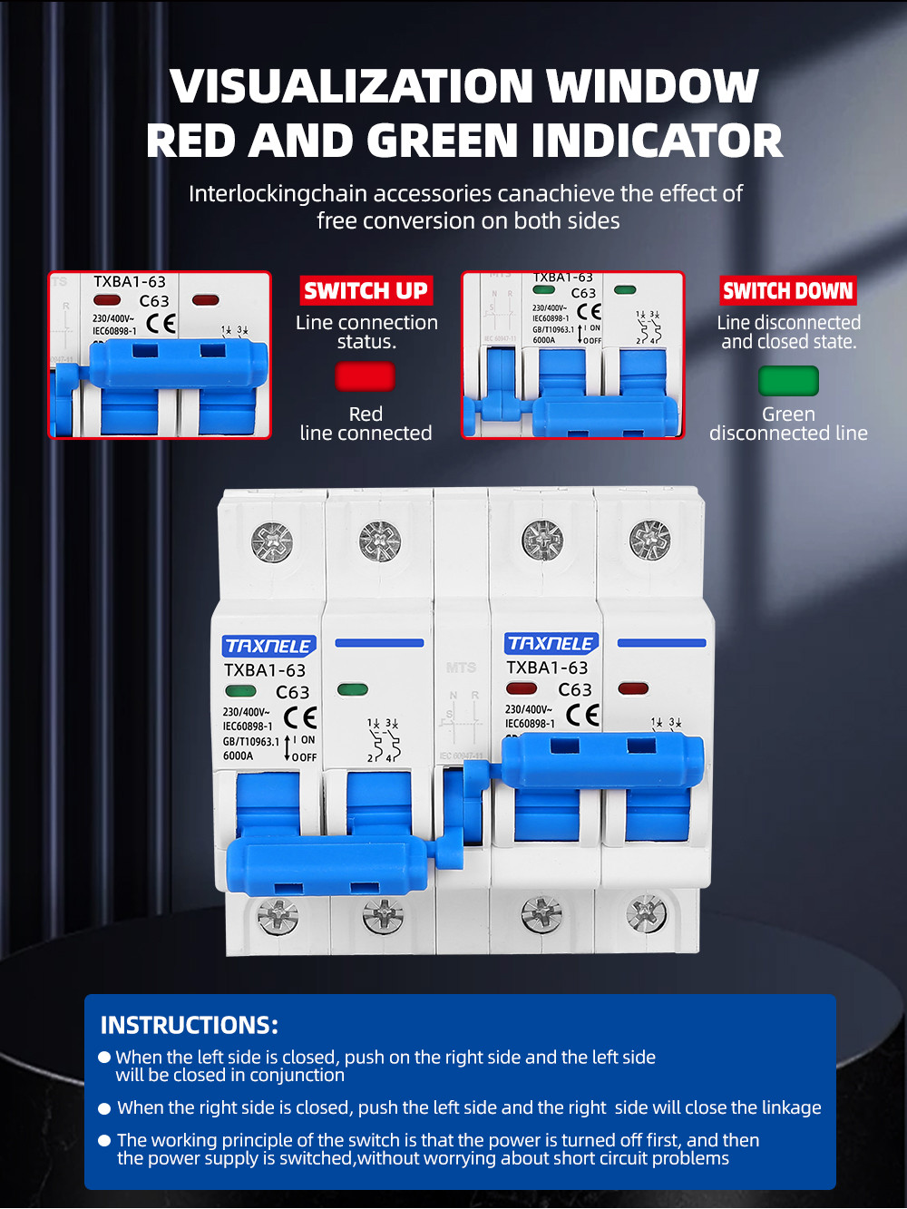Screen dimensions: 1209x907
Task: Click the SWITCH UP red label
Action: [366, 291]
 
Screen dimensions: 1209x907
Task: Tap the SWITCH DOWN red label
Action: [787, 291]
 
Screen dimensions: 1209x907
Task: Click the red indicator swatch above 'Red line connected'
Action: [365, 376]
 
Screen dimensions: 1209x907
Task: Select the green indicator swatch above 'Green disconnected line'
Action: [788, 381]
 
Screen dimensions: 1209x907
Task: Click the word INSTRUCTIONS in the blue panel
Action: [189, 1025]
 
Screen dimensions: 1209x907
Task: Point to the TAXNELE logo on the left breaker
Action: [268, 646]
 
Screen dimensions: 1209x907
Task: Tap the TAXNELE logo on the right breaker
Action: [551, 643]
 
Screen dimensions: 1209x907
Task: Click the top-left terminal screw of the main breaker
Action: [271, 542]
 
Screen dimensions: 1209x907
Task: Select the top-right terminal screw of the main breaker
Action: [649, 540]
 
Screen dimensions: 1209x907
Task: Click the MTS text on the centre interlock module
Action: [461, 668]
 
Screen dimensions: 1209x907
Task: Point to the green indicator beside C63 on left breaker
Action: [240, 691]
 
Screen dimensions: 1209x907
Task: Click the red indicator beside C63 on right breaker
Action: [522, 688]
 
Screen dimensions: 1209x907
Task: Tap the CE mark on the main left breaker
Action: [300, 717]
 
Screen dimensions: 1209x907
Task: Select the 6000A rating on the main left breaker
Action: [239, 756]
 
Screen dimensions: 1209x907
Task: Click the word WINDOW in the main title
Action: [652, 86]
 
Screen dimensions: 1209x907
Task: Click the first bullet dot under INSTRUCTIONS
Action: [104, 1057]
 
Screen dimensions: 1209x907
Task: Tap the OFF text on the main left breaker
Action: [306, 757]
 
